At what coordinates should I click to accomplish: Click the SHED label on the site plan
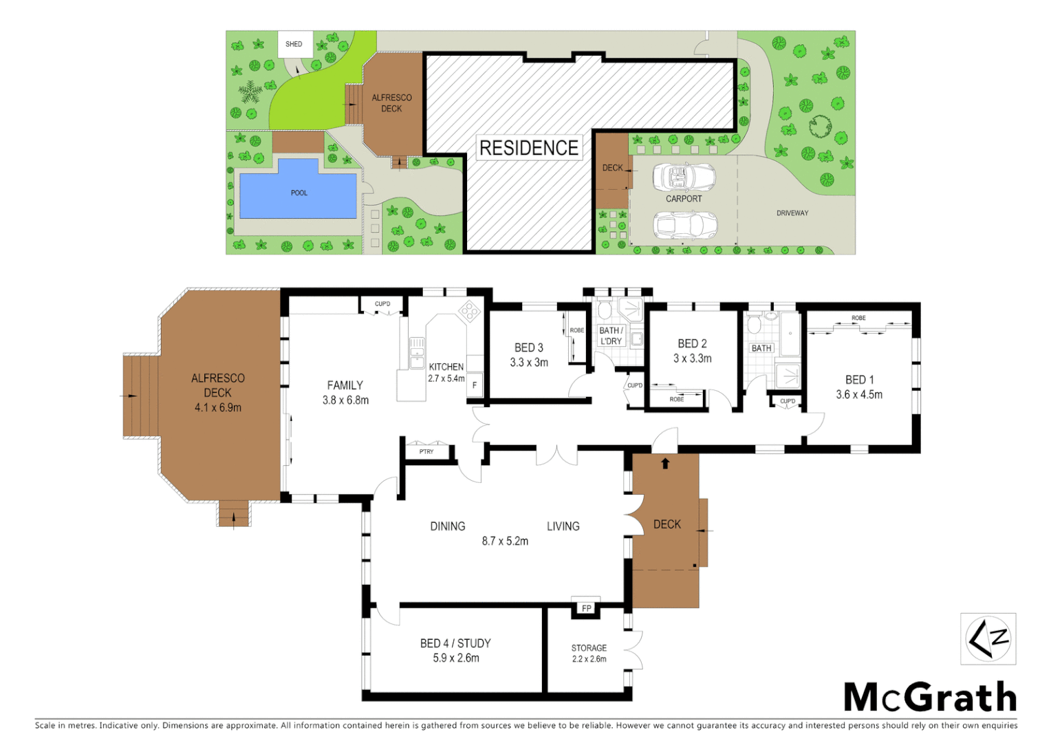point(294,44)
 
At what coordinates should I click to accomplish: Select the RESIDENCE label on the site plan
point(528,148)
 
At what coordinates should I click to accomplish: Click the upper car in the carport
point(683,177)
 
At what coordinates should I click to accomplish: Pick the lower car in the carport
point(684,224)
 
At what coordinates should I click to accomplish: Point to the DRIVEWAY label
point(792,213)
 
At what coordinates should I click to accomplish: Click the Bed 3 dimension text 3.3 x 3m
point(529,363)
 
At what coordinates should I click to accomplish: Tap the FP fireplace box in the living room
point(586,608)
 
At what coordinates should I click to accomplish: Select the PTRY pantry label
point(426,452)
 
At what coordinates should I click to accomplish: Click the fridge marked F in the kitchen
point(475,385)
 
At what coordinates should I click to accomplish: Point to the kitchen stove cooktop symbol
point(470,312)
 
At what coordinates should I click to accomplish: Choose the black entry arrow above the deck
point(665,464)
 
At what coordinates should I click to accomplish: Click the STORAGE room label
point(589,648)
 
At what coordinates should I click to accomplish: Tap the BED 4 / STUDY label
point(455,643)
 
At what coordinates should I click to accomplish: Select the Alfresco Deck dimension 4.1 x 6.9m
point(217,408)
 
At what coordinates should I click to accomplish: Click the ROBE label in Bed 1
point(858,318)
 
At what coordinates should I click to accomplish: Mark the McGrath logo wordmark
point(930,698)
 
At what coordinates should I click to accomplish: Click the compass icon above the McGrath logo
point(988,639)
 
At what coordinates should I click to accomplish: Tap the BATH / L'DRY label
point(611,336)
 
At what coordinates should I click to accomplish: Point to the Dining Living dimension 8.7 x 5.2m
point(505,541)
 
